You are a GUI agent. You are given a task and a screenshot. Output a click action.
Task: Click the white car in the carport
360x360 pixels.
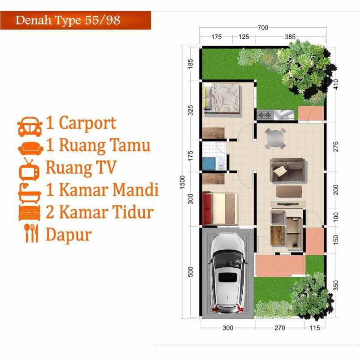point(227,274)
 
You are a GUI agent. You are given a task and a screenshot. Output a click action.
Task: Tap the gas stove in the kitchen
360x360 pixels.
point(265,115)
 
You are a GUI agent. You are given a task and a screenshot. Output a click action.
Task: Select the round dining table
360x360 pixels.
point(275,138)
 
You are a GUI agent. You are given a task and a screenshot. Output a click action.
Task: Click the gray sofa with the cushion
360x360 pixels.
point(287,170)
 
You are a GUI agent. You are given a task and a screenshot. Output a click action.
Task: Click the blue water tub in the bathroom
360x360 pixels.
point(208,163)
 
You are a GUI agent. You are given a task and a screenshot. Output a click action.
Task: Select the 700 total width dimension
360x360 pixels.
point(263,28)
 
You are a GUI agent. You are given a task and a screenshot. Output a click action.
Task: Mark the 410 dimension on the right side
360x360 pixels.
point(336,84)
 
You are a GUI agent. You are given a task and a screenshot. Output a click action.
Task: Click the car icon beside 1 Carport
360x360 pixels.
point(30,127)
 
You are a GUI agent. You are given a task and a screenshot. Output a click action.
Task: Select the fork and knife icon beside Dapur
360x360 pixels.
point(30,233)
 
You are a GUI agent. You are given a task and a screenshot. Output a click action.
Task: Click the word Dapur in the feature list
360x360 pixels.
point(69,234)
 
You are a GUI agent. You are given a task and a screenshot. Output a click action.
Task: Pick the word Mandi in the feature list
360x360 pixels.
point(136,190)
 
